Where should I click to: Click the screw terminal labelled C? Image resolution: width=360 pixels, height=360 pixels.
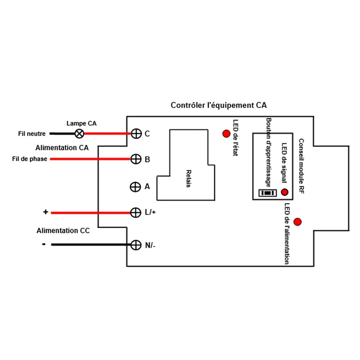pyautogui.click(x=136, y=133)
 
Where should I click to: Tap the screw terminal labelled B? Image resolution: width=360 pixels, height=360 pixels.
pyautogui.click(x=136, y=159)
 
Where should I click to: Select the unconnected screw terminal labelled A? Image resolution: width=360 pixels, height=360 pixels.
pyautogui.click(x=135, y=187)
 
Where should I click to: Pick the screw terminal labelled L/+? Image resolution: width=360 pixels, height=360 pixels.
pyautogui.click(x=135, y=212)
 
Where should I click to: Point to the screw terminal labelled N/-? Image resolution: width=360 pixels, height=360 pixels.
pyautogui.click(x=136, y=245)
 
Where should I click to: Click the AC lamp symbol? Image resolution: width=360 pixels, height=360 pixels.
pyautogui.click(x=80, y=133)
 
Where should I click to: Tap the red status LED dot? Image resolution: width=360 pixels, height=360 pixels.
pyautogui.click(x=226, y=134)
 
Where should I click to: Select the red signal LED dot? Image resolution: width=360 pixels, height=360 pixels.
pyautogui.click(x=285, y=192)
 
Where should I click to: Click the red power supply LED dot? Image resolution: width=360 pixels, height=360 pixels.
pyautogui.click(x=297, y=222)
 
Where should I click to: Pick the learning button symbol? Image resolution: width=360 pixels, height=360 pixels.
pyautogui.click(x=267, y=193)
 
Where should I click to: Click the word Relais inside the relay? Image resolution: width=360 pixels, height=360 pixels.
pyautogui.click(x=189, y=179)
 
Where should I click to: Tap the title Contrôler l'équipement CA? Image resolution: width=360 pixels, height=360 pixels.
pyautogui.click(x=219, y=105)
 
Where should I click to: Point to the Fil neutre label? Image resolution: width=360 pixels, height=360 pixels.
pyautogui.click(x=32, y=134)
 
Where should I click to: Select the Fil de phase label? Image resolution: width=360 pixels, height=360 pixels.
pyautogui.click(x=30, y=159)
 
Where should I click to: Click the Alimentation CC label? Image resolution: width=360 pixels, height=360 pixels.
pyautogui.click(x=63, y=230)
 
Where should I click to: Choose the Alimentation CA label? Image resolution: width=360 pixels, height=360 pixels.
pyautogui.click(x=62, y=148)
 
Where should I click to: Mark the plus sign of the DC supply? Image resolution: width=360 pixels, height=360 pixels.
pyautogui.click(x=45, y=211)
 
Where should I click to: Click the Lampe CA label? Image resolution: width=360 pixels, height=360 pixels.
pyautogui.click(x=81, y=123)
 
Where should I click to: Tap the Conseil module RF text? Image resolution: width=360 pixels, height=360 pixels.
pyautogui.click(x=301, y=166)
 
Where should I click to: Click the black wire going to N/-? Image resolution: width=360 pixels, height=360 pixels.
pyautogui.click(x=91, y=245)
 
